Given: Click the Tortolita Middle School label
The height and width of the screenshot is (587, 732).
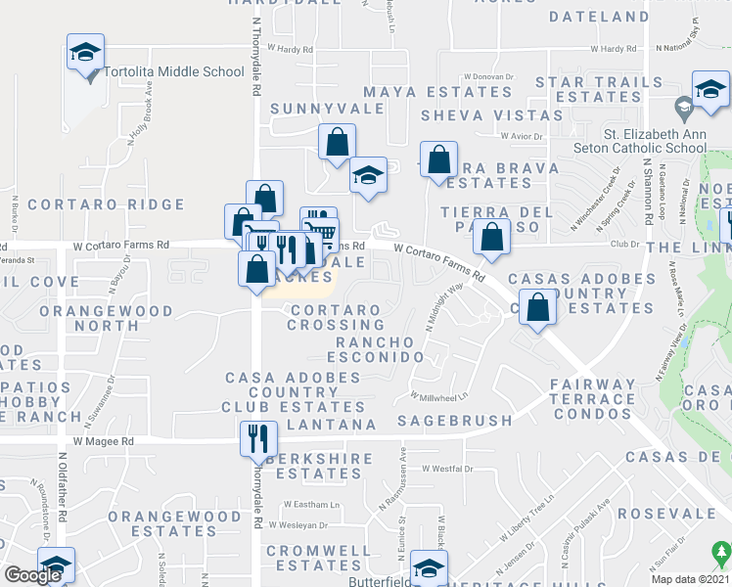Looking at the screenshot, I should tap(174, 71).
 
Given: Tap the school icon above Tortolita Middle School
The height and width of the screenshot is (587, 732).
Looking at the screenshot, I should tap(86, 52).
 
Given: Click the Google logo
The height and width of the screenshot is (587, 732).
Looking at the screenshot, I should tap(32, 575).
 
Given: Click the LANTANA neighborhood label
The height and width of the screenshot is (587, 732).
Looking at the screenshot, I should tap(331, 425).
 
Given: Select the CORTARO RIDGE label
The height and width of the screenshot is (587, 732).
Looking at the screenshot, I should tap(106, 204).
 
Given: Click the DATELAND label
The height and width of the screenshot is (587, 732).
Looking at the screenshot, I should tap(599, 17).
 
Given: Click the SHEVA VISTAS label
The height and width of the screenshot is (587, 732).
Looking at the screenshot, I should tap(492, 114).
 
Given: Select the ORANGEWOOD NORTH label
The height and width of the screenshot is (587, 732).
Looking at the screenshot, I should tap(106, 318).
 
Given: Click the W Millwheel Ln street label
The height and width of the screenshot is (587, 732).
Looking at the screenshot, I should tap(439, 396).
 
